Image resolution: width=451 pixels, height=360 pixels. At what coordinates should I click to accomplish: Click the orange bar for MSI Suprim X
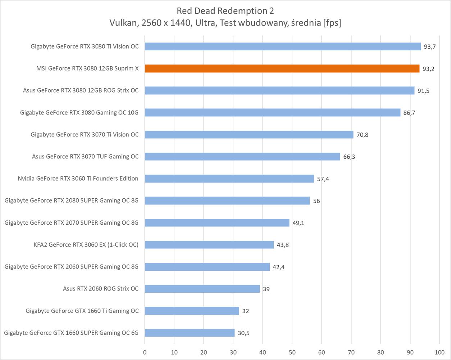pyautogui.click(x=282, y=68)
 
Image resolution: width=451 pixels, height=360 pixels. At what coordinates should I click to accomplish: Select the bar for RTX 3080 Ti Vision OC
pyautogui.click(x=283, y=46)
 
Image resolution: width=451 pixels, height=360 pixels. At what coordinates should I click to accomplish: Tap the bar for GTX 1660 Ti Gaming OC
pyautogui.click(x=192, y=311)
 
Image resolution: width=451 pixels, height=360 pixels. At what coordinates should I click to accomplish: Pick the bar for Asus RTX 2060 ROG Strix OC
pyautogui.click(x=202, y=289)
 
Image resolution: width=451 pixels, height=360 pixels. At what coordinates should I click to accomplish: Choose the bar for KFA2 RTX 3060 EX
pyautogui.click(x=209, y=245)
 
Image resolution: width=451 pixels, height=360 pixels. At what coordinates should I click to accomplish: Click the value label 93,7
pyautogui.click(x=429, y=47)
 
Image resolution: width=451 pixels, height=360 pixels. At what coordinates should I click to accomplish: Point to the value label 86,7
pyautogui.click(x=409, y=113)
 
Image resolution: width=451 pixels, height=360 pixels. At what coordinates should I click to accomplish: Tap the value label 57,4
pyautogui.click(x=323, y=179)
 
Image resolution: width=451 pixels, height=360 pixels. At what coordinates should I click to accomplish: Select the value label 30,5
pyautogui.click(x=243, y=333)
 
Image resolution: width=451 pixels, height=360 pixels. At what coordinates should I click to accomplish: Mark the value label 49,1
pyautogui.click(x=298, y=223)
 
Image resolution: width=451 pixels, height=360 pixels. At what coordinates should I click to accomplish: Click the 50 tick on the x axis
pyautogui.click(x=292, y=352)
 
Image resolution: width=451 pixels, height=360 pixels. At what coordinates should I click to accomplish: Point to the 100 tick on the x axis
pyautogui.click(x=439, y=352)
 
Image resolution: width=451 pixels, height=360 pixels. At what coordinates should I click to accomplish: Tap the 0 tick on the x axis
pyautogui.click(x=145, y=352)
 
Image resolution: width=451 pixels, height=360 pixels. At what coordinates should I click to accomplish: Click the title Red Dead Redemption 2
pyautogui.click(x=225, y=11)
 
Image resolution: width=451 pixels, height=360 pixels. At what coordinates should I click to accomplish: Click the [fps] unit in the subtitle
pyautogui.click(x=332, y=23)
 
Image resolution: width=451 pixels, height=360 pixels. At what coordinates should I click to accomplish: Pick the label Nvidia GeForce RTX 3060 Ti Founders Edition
pyautogui.click(x=78, y=179)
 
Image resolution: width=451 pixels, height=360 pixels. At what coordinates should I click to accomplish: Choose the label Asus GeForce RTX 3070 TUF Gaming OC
pyautogui.click(x=85, y=157)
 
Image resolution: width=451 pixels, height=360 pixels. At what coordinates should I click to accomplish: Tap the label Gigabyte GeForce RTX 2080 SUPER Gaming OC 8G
pyautogui.click(x=72, y=201)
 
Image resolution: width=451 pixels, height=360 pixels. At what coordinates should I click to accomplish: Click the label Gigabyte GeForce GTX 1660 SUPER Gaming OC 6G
pyautogui.click(x=71, y=333)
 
